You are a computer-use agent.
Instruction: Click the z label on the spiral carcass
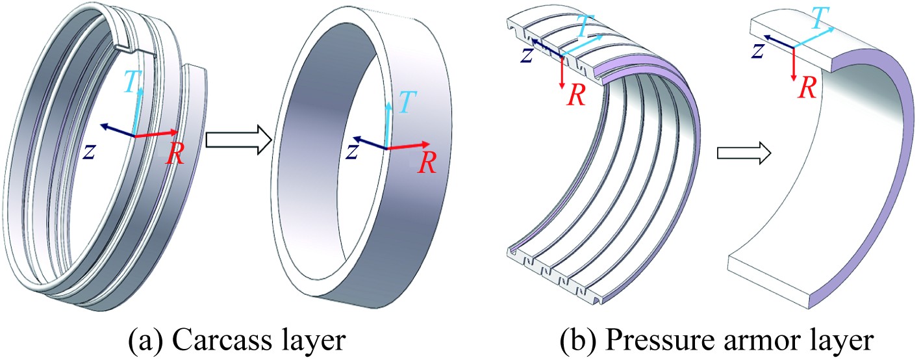pyautogui.click(x=91, y=151)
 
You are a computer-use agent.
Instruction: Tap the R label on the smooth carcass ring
pyautogui.click(x=425, y=163)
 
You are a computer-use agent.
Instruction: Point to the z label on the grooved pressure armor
pyautogui.click(x=527, y=55)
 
